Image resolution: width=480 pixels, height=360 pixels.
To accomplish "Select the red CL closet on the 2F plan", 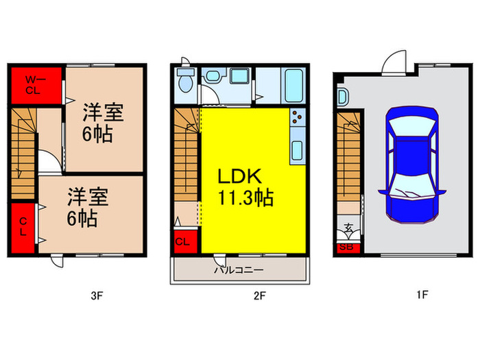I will click(183, 241).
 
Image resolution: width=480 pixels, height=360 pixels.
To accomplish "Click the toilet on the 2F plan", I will click(184, 81).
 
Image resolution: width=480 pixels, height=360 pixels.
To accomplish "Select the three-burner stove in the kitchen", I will click(297, 123).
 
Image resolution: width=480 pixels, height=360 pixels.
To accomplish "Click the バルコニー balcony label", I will click(239, 270).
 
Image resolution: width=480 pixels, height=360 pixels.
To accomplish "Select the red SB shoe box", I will click(347, 248).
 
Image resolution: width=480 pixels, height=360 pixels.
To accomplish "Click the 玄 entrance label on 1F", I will click(348, 228).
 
